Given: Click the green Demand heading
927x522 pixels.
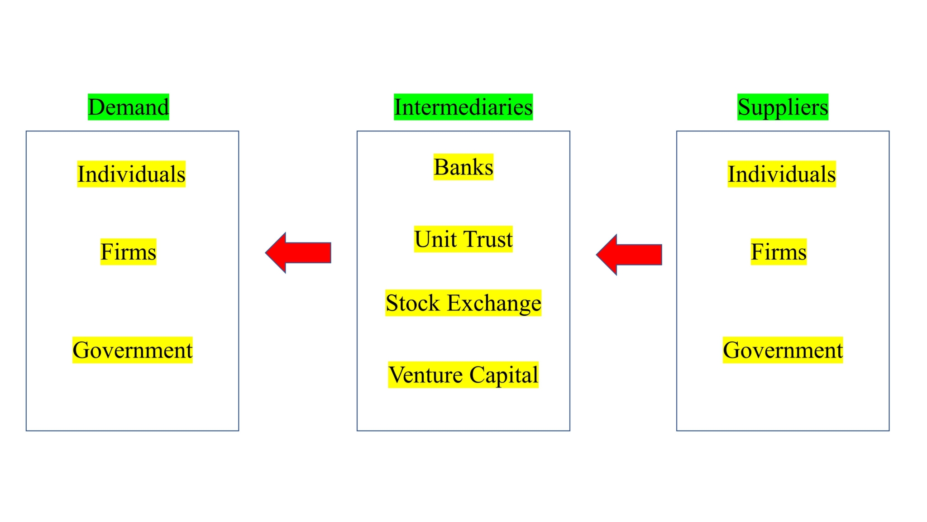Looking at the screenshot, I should coord(128,107).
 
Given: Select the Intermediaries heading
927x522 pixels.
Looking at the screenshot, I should coord(463,107).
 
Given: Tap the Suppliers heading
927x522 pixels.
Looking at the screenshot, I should coord(783,107).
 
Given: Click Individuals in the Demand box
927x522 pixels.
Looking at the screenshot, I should coord(131,174).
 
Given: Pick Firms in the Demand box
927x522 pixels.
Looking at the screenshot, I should coord(128,252).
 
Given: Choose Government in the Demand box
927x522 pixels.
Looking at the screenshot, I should coord(133,350).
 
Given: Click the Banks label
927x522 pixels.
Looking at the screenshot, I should coord(463,167).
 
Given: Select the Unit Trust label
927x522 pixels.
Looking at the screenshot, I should coord(463,239).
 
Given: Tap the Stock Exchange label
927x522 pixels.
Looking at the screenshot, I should coord(463,303).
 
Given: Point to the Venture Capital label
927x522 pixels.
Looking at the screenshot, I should coord(463,375).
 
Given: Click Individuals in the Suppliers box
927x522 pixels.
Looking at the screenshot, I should coord(782,174).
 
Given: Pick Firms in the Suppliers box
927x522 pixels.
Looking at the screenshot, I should coord(779,252).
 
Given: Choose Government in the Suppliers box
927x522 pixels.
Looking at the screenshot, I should coord(783,350).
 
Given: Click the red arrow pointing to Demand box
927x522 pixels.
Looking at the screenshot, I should coord(299,252).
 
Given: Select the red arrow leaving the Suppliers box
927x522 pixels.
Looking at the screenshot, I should coord(630,255).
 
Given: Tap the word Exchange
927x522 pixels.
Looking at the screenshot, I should coord(494,303).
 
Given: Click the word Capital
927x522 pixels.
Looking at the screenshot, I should coord(503,375).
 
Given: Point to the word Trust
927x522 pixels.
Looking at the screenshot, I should coord(488,239).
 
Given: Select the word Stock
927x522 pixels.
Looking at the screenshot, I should coord(412,303).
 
